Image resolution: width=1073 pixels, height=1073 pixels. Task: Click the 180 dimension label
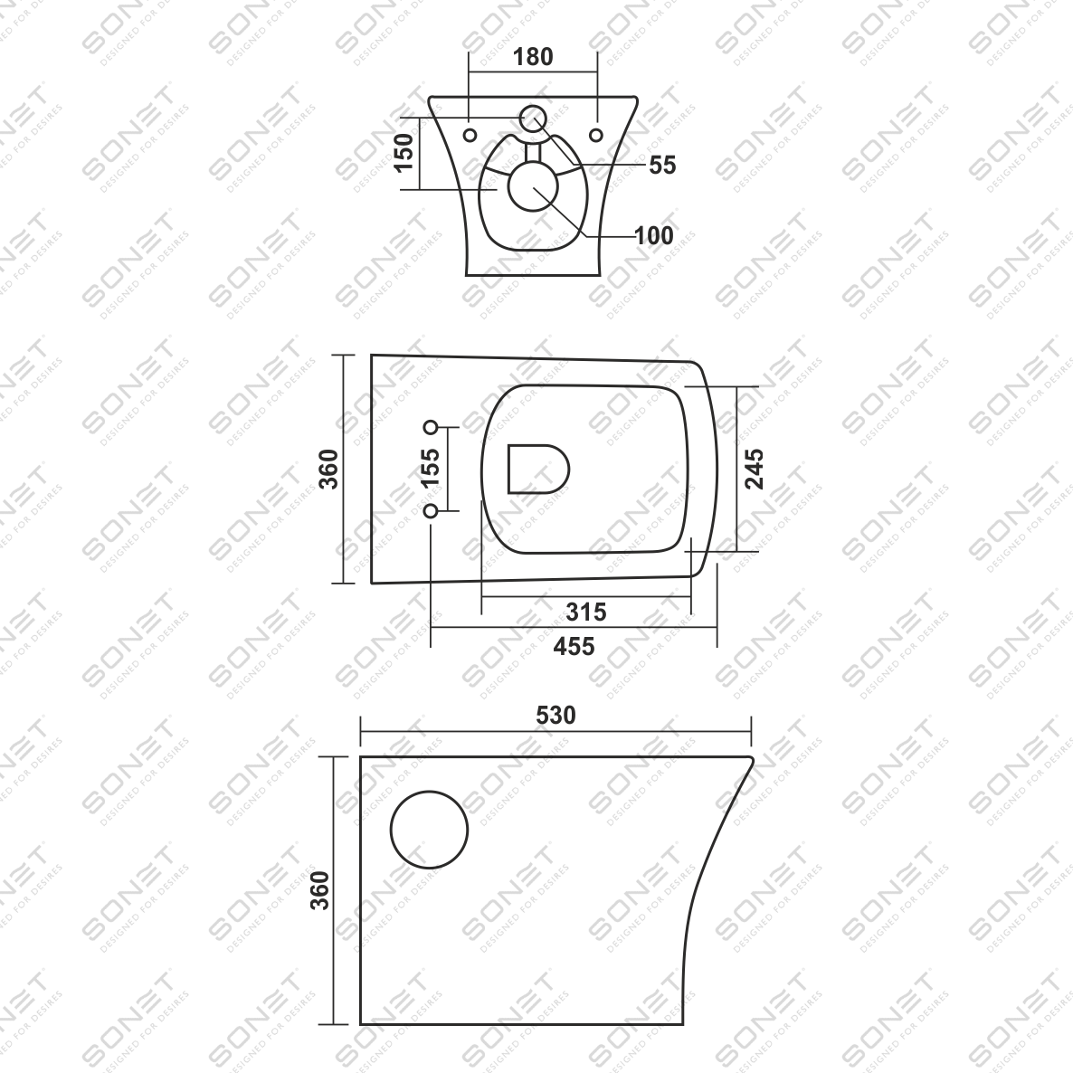[x=533, y=57]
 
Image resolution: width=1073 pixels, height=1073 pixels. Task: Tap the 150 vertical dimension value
[x=404, y=153]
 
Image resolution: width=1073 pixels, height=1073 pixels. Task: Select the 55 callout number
[x=661, y=165]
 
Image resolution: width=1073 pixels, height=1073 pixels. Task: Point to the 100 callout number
[x=654, y=235]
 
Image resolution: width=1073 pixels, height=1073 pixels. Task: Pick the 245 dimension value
[x=754, y=469]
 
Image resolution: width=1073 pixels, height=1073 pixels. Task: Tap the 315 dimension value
[x=586, y=612]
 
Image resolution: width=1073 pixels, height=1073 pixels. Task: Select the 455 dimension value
[x=574, y=646]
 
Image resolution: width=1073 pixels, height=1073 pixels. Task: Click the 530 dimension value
[x=555, y=715]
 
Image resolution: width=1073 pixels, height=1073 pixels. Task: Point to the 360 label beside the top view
[x=329, y=469]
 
